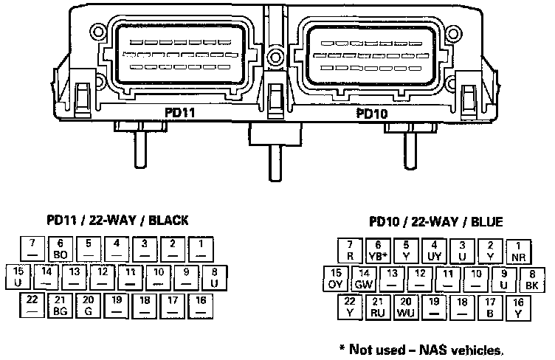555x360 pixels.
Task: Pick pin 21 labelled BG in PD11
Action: coord(61,305)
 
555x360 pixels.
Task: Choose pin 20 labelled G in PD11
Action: coord(88,305)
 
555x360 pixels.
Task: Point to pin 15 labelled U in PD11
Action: coord(18,277)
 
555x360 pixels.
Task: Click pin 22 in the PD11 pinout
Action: coord(32,305)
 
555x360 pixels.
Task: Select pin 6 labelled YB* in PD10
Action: coord(378,251)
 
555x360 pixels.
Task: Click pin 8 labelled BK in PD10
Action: coord(531,280)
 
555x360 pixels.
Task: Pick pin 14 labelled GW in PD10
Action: coord(363,280)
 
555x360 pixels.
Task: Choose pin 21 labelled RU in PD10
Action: coord(377,308)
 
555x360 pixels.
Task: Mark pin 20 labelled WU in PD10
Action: coord(405,308)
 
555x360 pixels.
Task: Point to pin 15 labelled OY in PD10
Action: coord(336,280)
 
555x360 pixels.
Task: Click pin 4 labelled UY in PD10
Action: coord(434,251)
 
